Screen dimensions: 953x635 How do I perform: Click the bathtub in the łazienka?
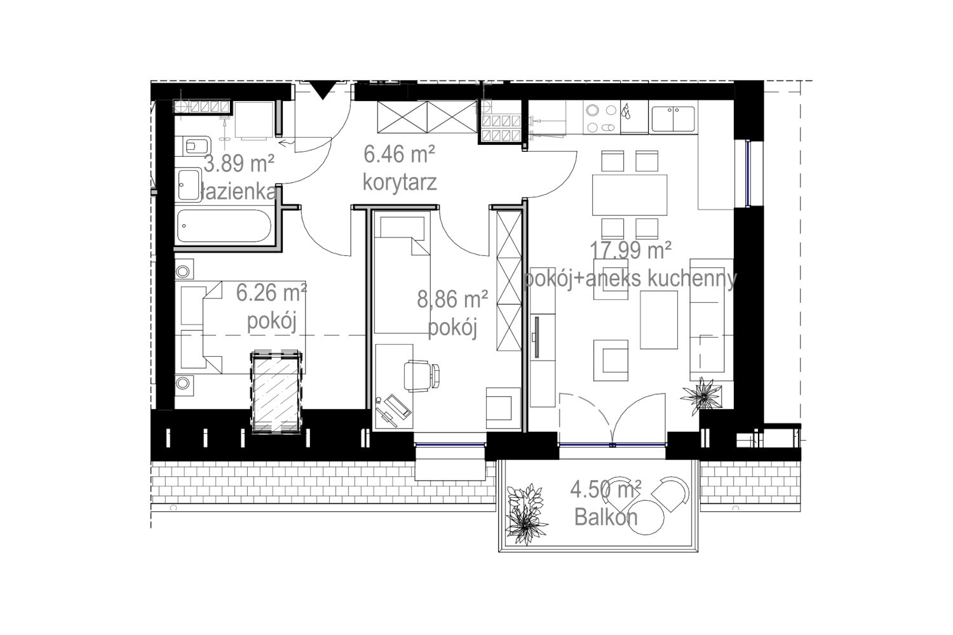(x=224, y=226)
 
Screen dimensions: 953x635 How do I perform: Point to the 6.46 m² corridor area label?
(x=399, y=154)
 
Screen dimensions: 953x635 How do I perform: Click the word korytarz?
(x=400, y=182)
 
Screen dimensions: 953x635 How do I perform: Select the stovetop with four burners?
(x=601, y=118)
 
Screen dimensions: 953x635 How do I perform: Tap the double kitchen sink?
(x=673, y=119)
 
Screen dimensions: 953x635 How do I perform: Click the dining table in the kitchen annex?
(x=629, y=195)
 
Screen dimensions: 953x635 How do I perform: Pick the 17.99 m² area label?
(x=630, y=250)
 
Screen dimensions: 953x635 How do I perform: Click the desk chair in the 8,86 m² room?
(x=421, y=375)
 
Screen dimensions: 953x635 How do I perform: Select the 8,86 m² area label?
(x=452, y=300)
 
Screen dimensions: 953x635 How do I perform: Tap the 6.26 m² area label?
(x=271, y=293)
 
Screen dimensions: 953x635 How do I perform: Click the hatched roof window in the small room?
(x=277, y=392)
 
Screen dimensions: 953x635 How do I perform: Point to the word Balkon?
(x=606, y=517)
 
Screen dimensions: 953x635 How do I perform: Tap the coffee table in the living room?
(x=659, y=320)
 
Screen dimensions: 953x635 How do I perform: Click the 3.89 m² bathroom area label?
(x=239, y=163)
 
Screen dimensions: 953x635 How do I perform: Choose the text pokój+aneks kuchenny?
(x=630, y=279)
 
